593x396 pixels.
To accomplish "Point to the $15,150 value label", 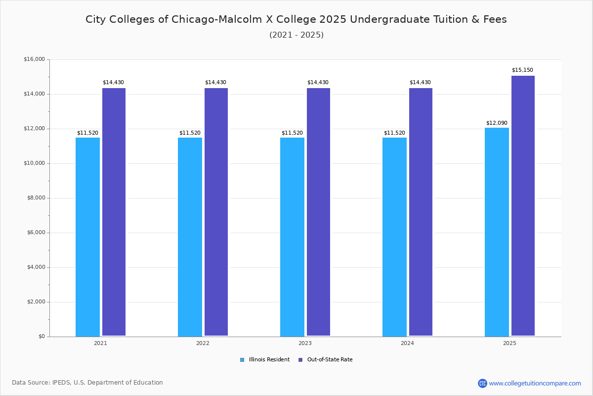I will pos(522,70).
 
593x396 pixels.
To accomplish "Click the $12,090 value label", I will pos(497,123).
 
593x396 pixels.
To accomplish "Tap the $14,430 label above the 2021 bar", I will pos(113,82).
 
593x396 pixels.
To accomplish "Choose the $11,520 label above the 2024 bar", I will pos(394,133).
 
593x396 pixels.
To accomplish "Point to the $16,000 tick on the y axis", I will pos(34,59).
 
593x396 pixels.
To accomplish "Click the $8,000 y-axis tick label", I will pos(36,198).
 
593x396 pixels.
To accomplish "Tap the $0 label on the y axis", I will pos(41,337).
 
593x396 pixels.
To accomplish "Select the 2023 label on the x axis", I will pos(305,343).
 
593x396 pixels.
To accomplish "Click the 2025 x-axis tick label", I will pos(509,343).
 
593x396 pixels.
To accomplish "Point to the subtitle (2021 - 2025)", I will pos(296,35).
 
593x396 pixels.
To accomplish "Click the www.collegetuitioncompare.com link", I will pos(535,383).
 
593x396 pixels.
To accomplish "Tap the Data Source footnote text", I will pos(87,383).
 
